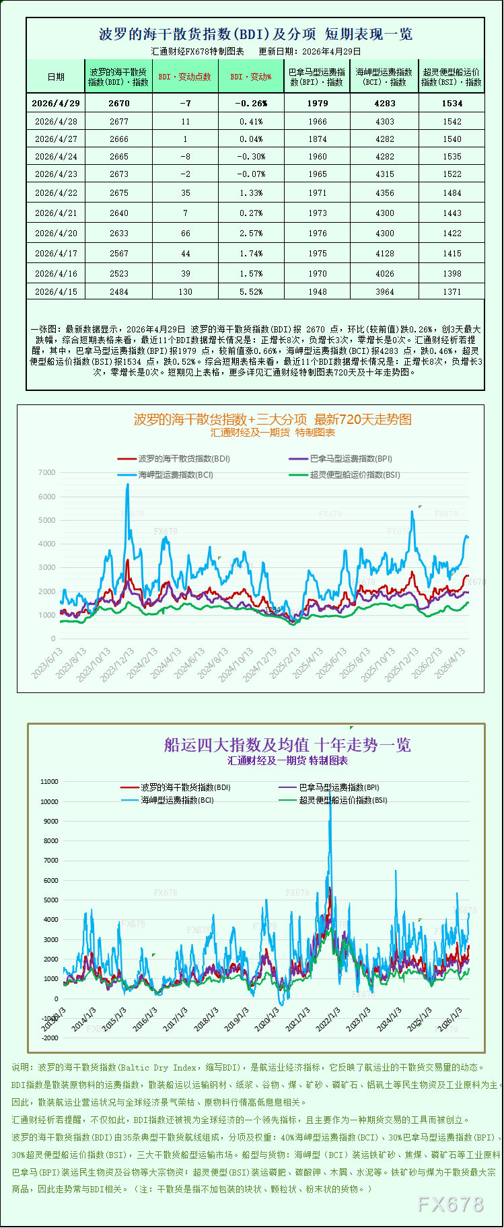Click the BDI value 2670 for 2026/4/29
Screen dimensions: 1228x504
tap(118, 103)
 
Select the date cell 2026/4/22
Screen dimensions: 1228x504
tap(56, 193)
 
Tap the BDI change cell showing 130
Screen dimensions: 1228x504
tap(185, 292)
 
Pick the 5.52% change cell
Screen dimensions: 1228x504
tap(251, 292)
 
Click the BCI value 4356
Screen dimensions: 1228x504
tap(385, 193)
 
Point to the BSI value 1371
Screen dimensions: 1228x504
tap(452, 292)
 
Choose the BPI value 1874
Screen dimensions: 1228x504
tap(317, 139)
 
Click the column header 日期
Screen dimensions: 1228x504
tap(56, 77)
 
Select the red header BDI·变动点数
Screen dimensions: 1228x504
tap(185, 77)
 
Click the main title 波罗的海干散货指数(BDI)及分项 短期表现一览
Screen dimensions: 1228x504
tap(256, 34)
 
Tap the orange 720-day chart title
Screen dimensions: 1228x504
tap(273, 419)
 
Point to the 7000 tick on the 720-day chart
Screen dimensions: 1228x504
tap(47, 472)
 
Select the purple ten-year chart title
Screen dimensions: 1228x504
tap(287, 745)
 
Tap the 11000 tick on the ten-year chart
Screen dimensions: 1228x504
tap(49, 782)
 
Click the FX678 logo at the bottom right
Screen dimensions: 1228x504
tap(450, 1204)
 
